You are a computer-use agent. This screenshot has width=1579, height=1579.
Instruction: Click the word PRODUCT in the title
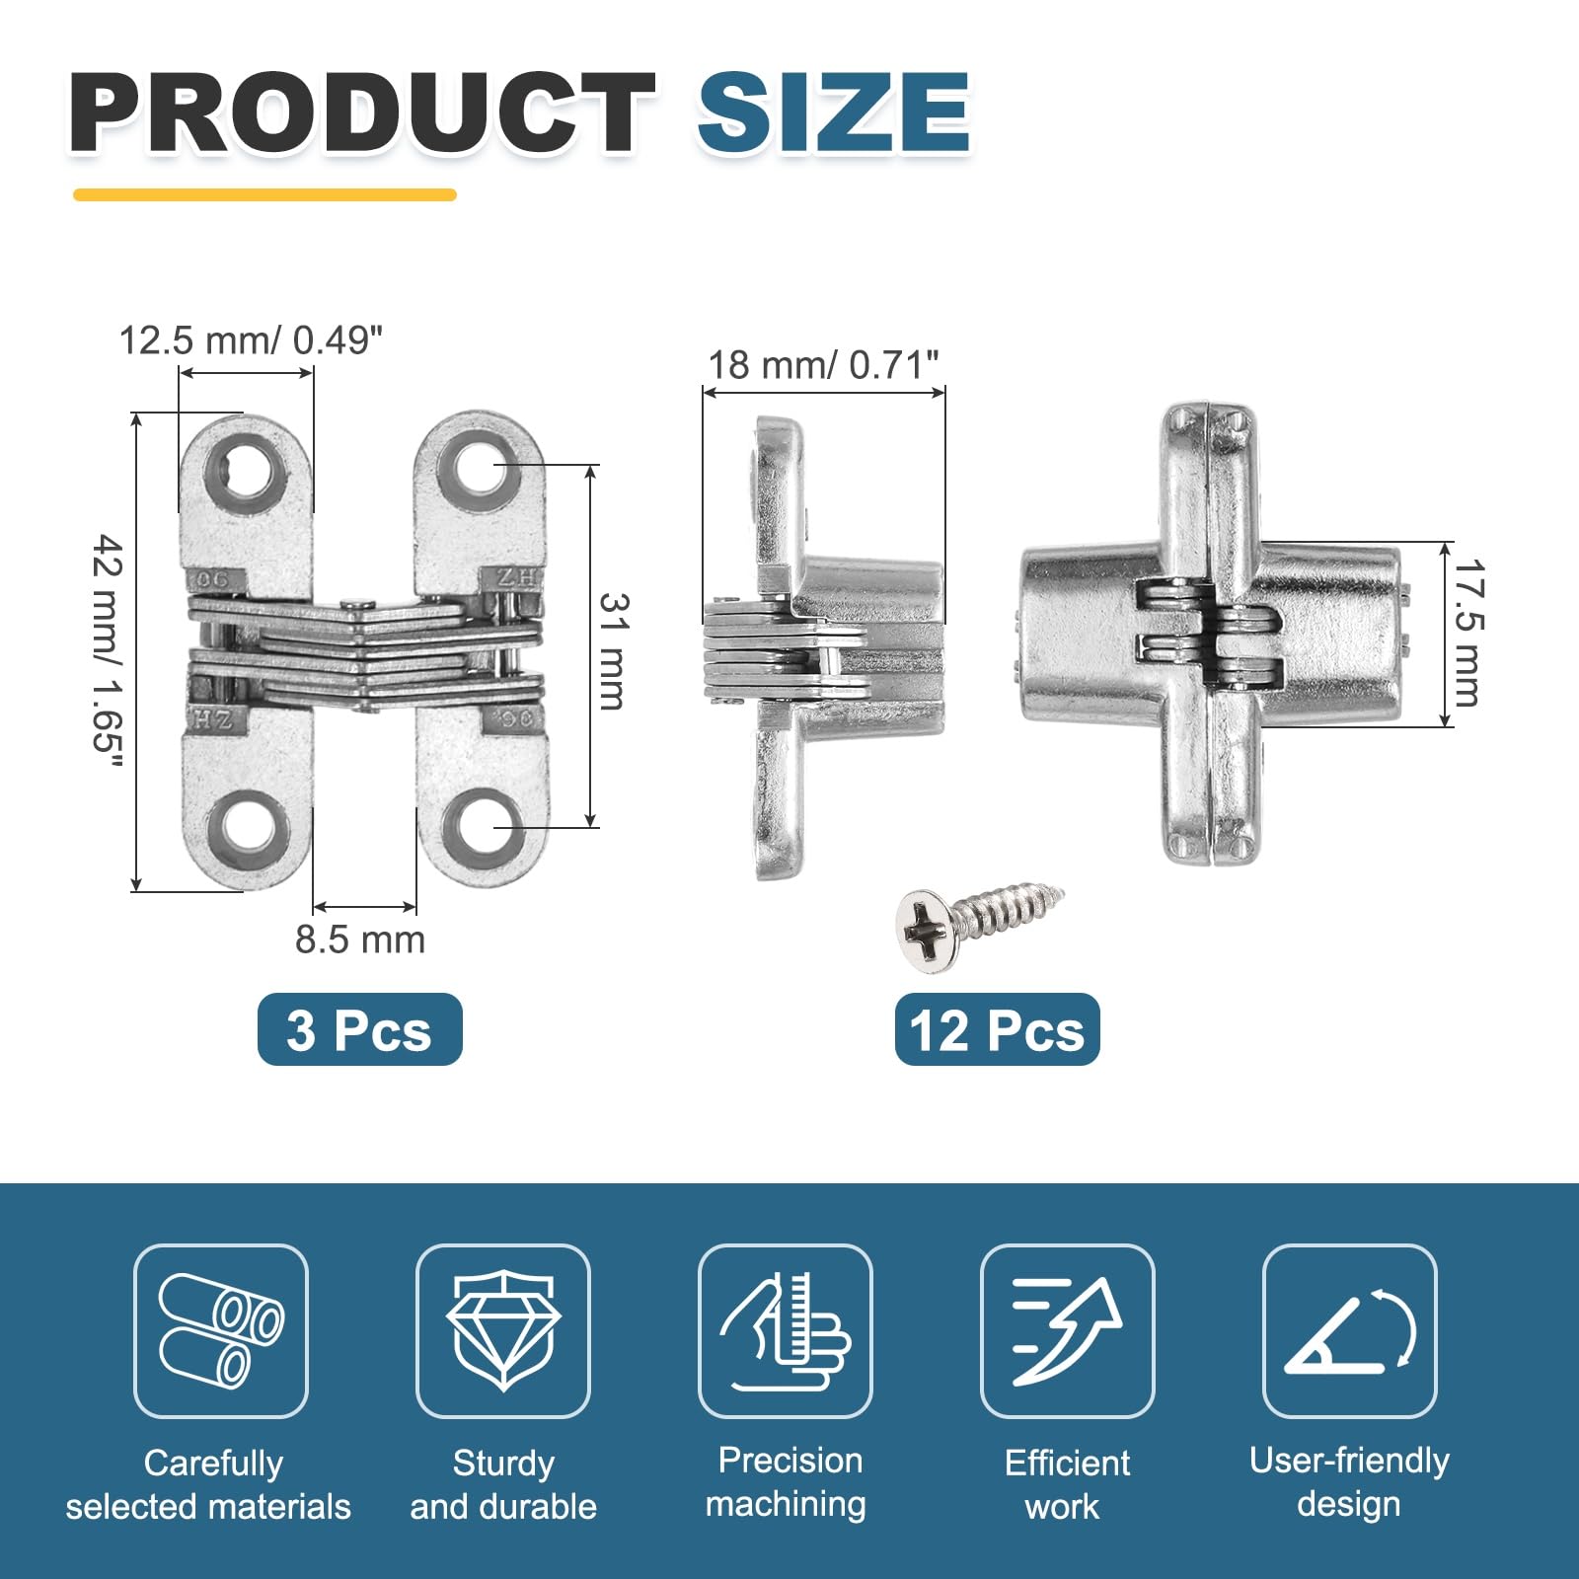click(361, 113)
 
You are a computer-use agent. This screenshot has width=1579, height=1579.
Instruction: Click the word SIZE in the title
click(834, 113)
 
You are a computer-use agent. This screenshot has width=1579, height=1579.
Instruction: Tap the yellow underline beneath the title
click(264, 194)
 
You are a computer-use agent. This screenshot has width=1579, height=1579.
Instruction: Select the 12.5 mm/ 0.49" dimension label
click(251, 340)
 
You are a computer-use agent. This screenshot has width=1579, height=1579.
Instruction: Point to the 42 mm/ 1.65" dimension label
click(108, 651)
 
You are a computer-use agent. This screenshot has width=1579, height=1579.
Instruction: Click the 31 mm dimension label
click(613, 651)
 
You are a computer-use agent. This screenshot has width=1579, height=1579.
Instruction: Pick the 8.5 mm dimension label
click(360, 940)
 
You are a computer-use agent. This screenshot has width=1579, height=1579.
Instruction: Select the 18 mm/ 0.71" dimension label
click(823, 365)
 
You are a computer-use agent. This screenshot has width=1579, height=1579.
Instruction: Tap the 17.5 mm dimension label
click(1467, 634)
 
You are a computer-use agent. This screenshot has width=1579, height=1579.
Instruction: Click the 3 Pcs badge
click(359, 1029)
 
